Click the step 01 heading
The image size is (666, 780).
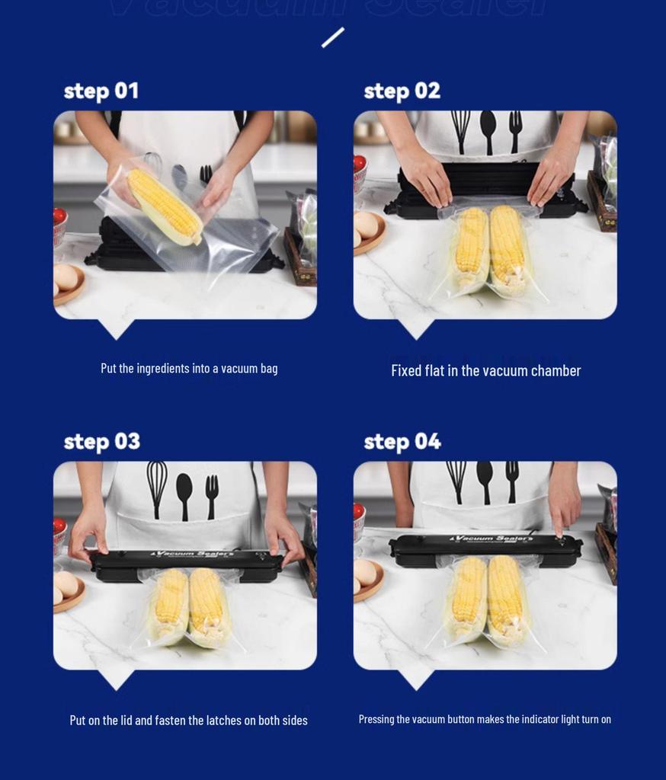click(x=101, y=91)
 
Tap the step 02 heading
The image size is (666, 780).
click(x=402, y=91)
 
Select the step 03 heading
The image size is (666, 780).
click(x=101, y=442)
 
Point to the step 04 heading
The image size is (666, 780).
click(x=402, y=442)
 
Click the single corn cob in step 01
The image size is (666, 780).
click(x=164, y=206)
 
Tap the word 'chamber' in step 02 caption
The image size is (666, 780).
click(x=556, y=371)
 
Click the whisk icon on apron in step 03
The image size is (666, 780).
click(x=157, y=487)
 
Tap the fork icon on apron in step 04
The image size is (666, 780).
click(x=512, y=480)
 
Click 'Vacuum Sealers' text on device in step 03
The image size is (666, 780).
click(x=187, y=553)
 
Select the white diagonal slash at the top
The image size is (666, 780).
click(x=333, y=37)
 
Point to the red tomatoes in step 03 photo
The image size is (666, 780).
click(x=59, y=526)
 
